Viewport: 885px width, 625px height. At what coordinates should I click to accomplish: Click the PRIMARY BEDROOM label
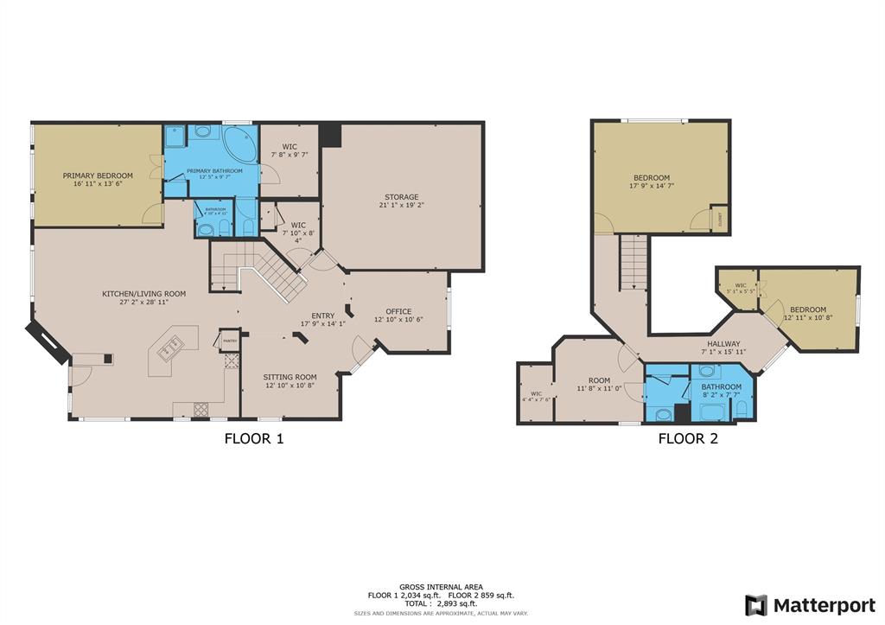click(x=98, y=175)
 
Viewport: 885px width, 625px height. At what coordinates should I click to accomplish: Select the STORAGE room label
click(x=402, y=197)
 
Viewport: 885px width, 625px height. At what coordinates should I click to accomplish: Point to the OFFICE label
click(x=398, y=311)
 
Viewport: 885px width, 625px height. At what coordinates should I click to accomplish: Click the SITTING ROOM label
click(x=290, y=377)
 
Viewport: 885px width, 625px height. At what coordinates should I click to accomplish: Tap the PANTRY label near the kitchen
click(x=230, y=341)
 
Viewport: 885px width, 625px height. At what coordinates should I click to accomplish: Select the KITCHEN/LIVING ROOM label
click(x=143, y=294)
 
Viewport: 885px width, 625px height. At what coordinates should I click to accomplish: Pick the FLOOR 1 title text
click(x=254, y=438)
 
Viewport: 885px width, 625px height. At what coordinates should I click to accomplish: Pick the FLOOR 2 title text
click(x=688, y=438)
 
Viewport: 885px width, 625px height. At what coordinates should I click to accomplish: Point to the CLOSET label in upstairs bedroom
click(x=718, y=219)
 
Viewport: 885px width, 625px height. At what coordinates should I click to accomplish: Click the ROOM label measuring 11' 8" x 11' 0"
click(x=599, y=380)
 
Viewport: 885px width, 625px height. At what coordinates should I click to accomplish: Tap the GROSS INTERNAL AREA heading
click(x=442, y=586)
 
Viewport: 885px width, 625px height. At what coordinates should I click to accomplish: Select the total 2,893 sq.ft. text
click(x=442, y=603)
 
